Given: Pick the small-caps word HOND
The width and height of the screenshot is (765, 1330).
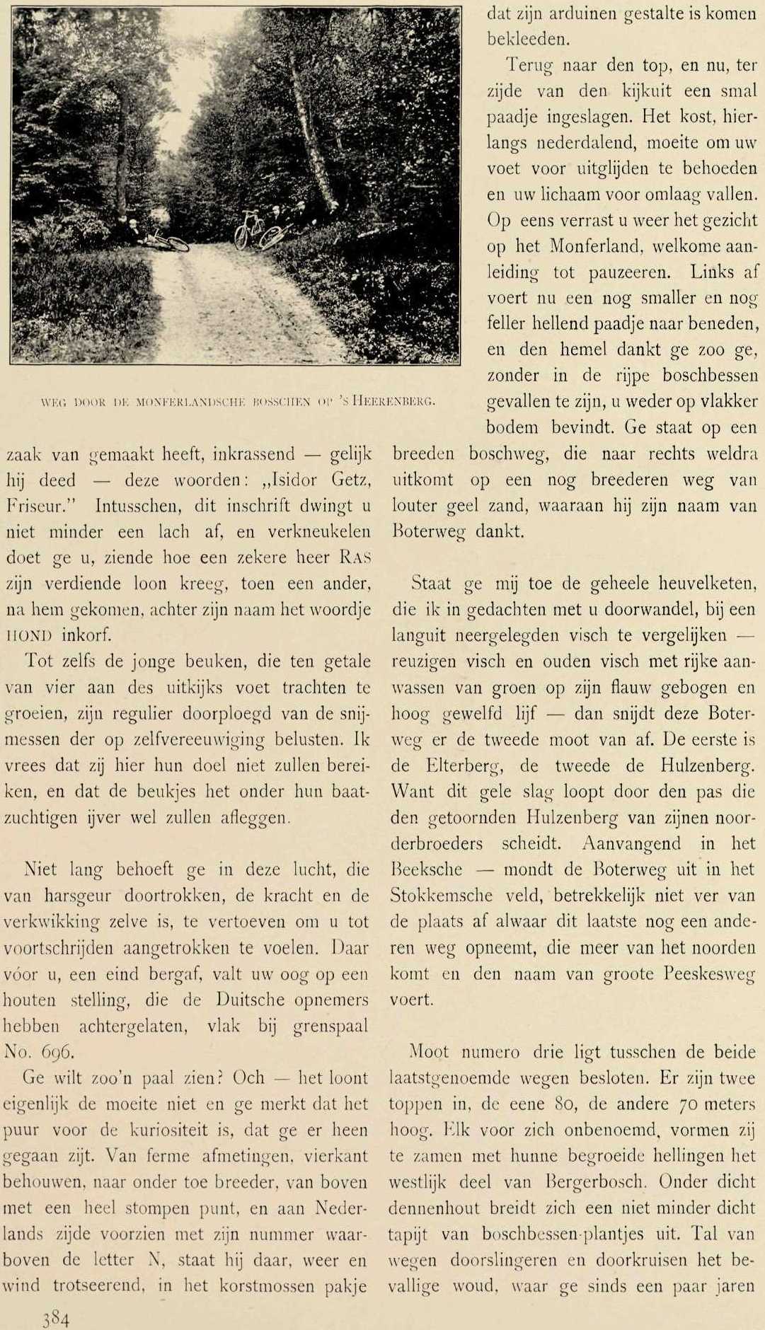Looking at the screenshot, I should click(x=28, y=635).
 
